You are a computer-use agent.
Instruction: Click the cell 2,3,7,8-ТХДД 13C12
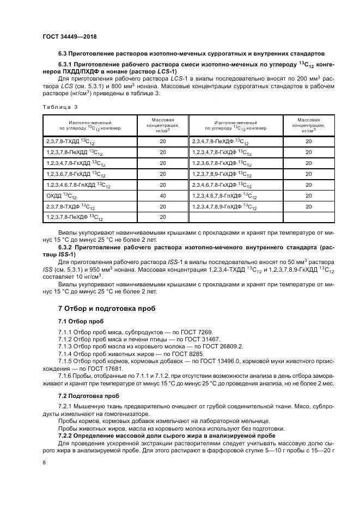[x=68, y=142]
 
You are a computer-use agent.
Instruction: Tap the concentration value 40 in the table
[x=162, y=196]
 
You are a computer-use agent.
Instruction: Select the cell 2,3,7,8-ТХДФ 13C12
[x=68, y=207]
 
